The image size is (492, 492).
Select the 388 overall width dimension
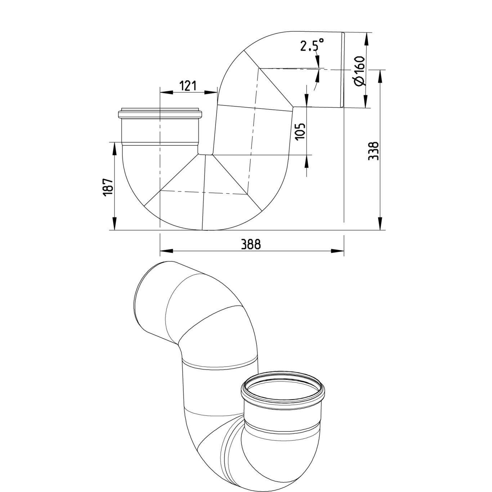coord(251,244)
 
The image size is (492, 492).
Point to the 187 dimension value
coord(108,187)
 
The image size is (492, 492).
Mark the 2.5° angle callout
coord(312,46)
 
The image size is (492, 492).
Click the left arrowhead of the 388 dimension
coord(166,251)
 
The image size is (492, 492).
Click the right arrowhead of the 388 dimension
coord(337,251)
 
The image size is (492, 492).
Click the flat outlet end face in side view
coord(343,70)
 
